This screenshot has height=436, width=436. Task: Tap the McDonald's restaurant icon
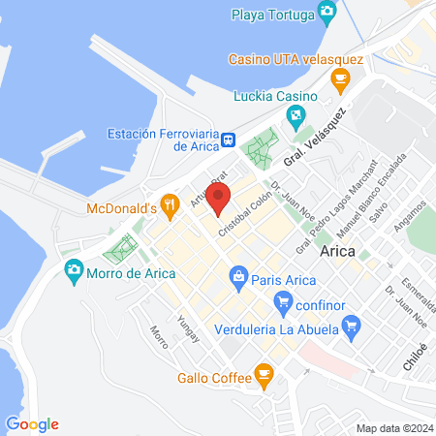click(x=171, y=203)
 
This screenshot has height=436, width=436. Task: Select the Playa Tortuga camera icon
click(x=327, y=12)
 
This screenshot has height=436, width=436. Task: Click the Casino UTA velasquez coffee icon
click(x=339, y=78)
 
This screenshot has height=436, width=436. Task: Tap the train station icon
click(x=229, y=140)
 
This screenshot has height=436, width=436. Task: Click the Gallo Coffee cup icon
click(x=263, y=373)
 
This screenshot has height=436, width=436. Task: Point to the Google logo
click(x=32, y=423)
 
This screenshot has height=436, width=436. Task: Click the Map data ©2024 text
click(x=393, y=427)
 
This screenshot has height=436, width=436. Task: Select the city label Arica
click(x=337, y=251)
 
